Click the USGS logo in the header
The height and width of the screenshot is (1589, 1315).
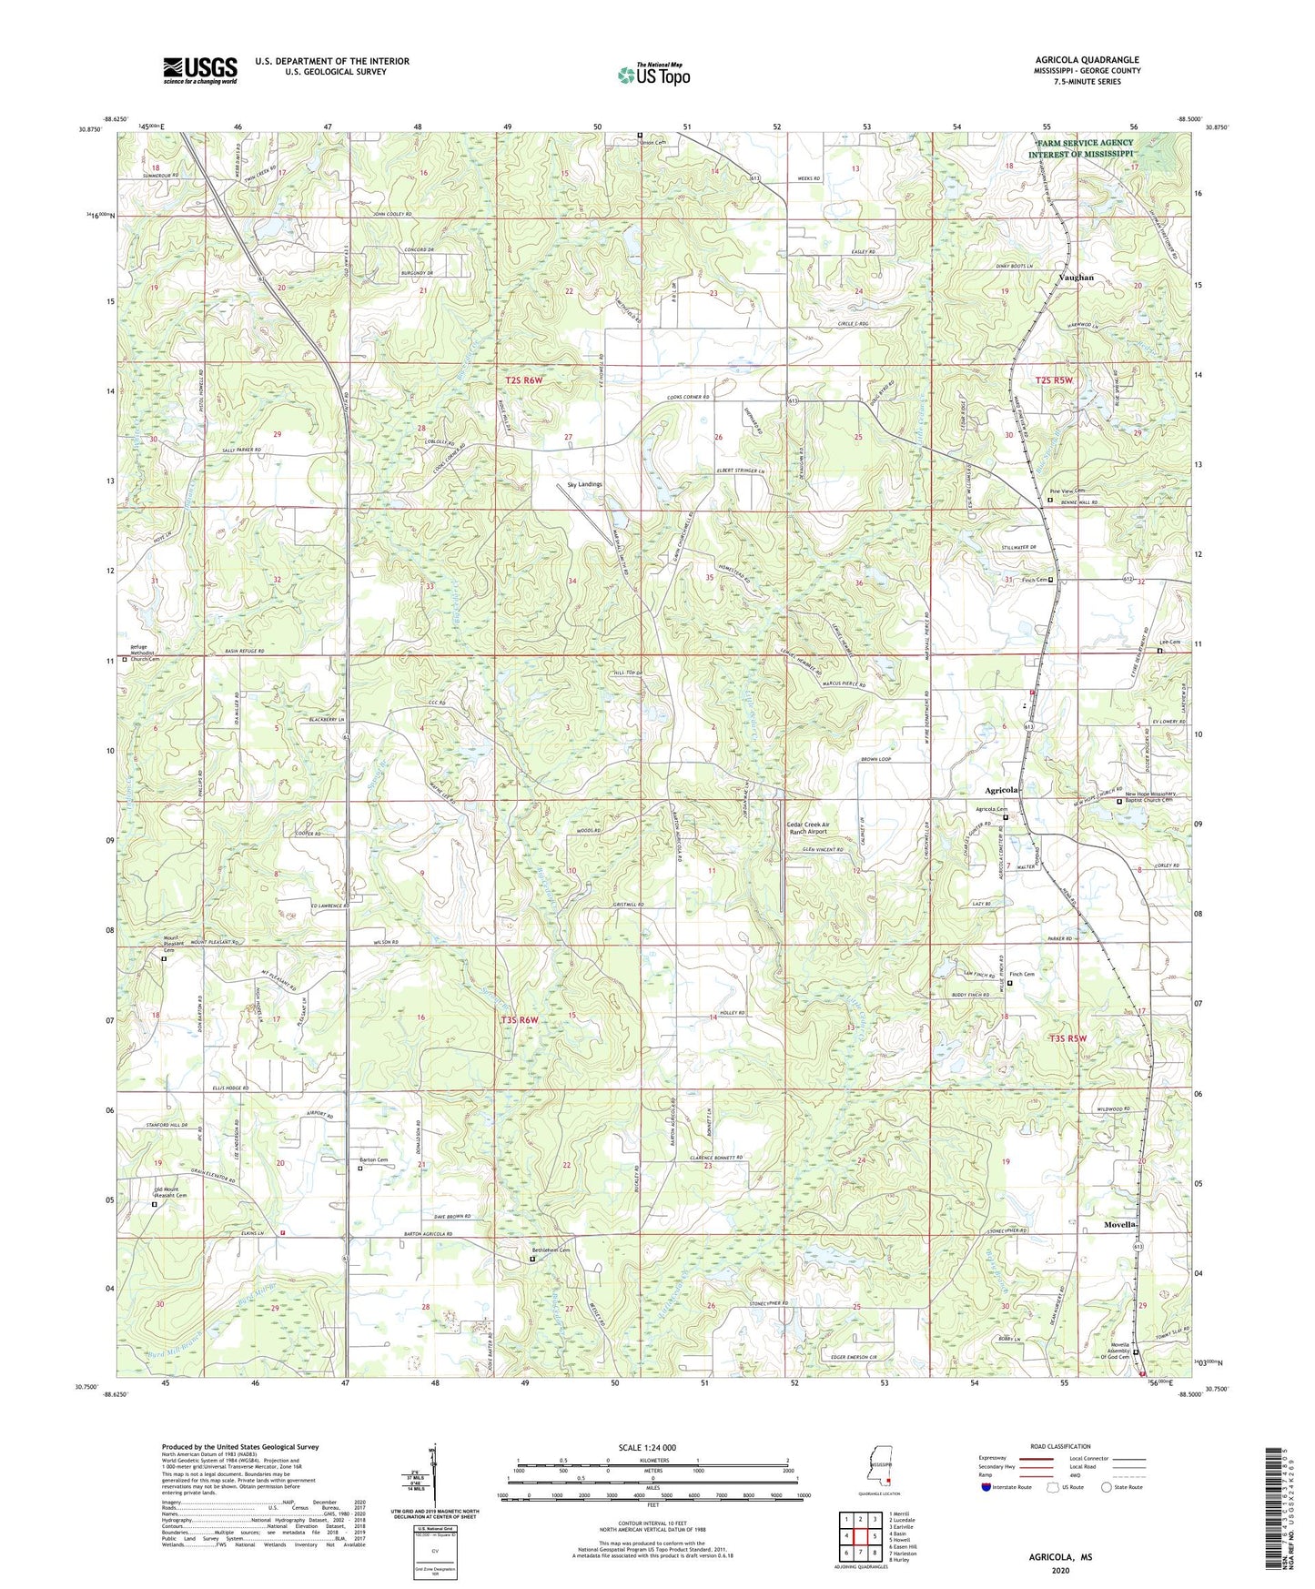point(200,70)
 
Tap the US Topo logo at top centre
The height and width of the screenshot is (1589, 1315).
point(652,76)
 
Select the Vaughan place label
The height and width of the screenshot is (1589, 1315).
point(1076,278)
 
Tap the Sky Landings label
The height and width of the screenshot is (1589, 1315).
point(584,484)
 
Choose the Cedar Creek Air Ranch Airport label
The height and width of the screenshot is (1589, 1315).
point(807,827)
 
